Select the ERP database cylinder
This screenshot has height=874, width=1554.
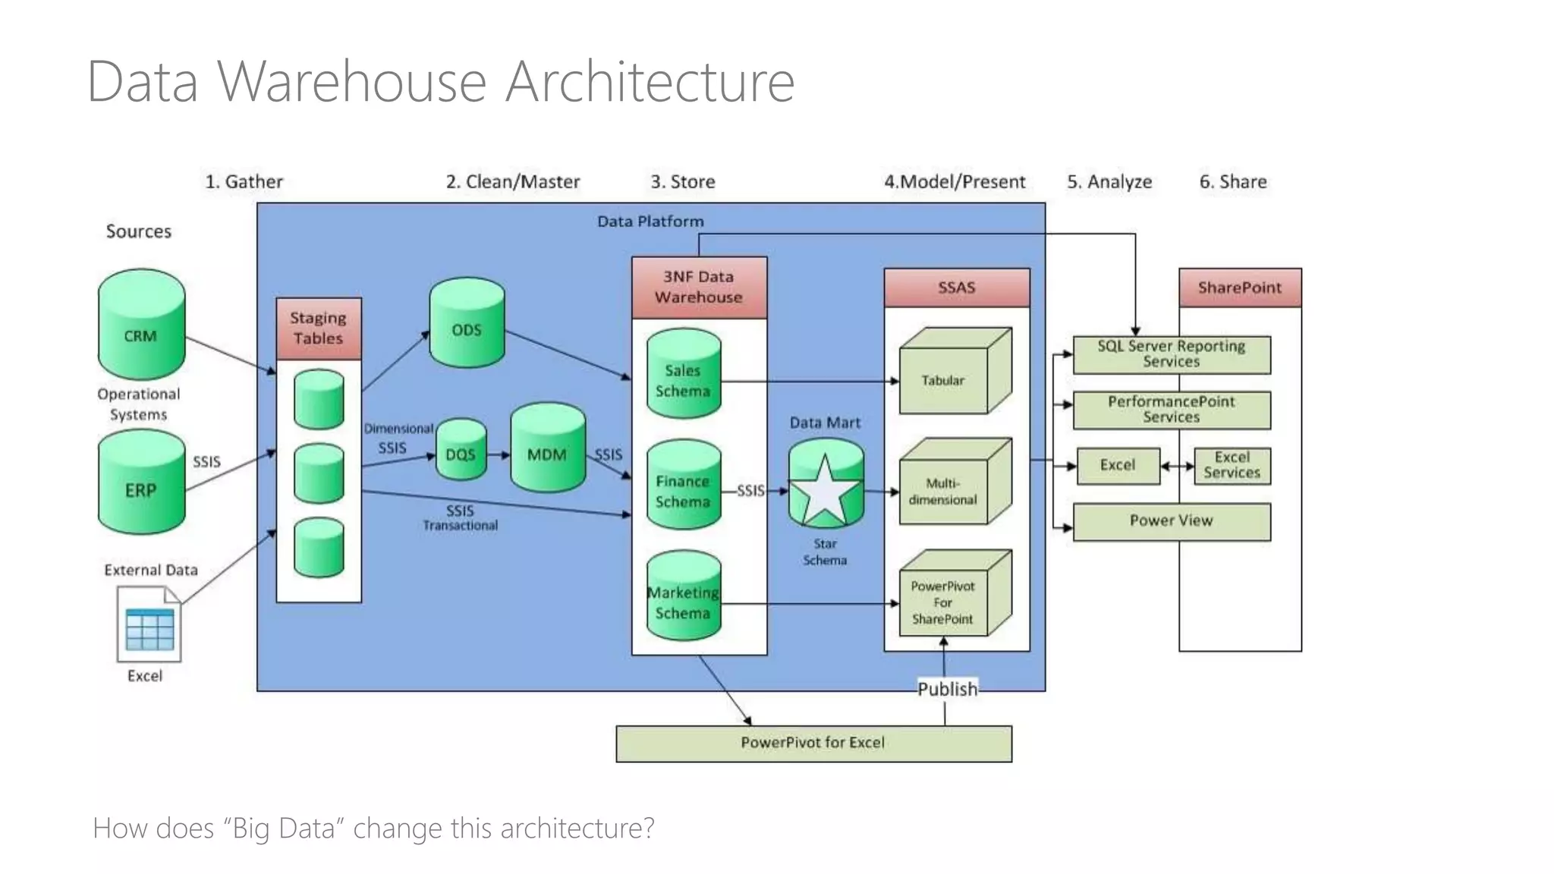coord(141,483)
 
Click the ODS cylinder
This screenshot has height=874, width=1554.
coord(467,323)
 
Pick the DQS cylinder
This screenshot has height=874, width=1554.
coord(461,450)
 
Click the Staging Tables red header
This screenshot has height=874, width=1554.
coord(319,329)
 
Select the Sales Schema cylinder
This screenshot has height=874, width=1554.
coord(683,374)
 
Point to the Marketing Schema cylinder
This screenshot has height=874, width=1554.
coord(683,596)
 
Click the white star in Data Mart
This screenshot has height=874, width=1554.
coord(825,491)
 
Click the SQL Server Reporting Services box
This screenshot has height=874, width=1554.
coord(1171,354)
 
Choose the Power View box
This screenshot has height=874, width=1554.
coord(1171,521)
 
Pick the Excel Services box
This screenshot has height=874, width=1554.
coord(1232,465)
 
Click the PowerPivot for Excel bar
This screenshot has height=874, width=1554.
coord(813,744)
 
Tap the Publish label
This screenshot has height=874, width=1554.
coord(947,689)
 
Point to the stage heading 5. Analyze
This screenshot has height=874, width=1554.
coord(1109,182)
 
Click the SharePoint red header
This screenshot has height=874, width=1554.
coord(1239,288)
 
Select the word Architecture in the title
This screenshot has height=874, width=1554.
coord(650,81)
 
